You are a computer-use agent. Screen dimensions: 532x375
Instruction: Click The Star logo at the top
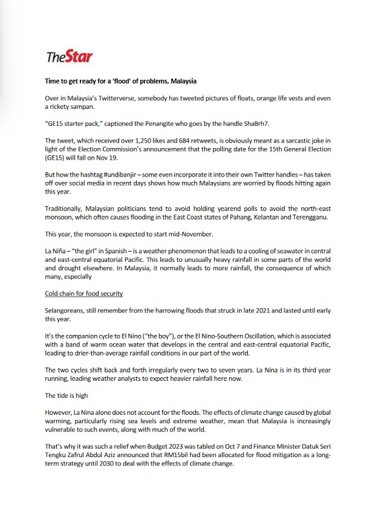click(x=69, y=57)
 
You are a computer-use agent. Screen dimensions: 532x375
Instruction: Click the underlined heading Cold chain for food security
click(x=84, y=293)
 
